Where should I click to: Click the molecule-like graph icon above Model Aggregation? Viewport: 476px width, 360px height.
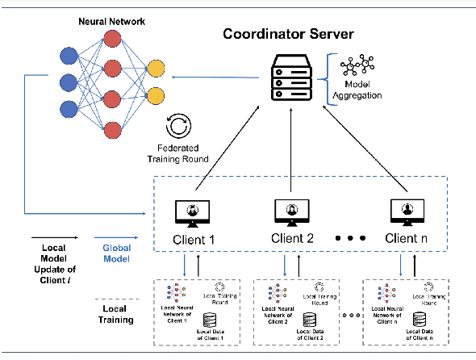[x=358, y=65]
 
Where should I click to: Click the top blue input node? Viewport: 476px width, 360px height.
[x=69, y=57]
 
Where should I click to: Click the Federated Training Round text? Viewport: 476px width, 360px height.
[x=177, y=153]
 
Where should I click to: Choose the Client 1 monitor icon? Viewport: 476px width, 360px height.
[x=192, y=212]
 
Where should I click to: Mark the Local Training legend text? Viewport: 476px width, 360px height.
[x=115, y=313]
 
